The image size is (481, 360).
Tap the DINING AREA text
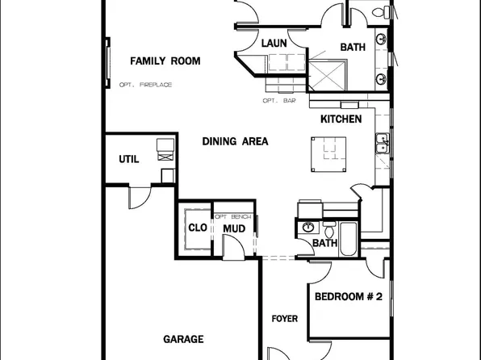(x=235, y=141)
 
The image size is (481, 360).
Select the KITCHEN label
(x=341, y=119)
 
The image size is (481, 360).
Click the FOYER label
(x=285, y=319)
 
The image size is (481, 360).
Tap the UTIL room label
(x=129, y=159)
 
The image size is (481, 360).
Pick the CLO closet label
(x=198, y=228)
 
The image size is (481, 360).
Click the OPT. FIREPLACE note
(x=146, y=85)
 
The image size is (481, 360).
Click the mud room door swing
(x=233, y=251)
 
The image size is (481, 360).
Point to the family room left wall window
(x=107, y=62)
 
